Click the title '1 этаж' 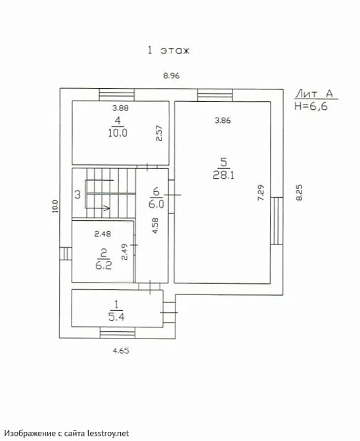click(x=169, y=51)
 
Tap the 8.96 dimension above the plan click(x=171, y=76)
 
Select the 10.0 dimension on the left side click(x=55, y=206)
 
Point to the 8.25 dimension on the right click(x=299, y=193)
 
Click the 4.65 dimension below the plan click(x=121, y=350)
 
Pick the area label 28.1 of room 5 click(x=223, y=175)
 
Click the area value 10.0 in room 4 click(x=118, y=133)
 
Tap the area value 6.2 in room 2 click(x=104, y=265)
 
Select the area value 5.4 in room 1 click(x=116, y=317)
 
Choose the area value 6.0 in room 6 click(x=156, y=204)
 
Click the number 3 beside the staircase click(x=78, y=195)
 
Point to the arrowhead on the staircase click(x=107, y=208)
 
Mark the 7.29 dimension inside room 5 click(x=261, y=193)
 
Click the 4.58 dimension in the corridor click(x=155, y=225)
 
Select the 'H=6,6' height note click(x=311, y=106)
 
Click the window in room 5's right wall click(x=277, y=221)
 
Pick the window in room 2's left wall click(x=66, y=254)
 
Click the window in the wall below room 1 click(x=118, y=333)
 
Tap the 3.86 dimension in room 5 click(x=223, y=120)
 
